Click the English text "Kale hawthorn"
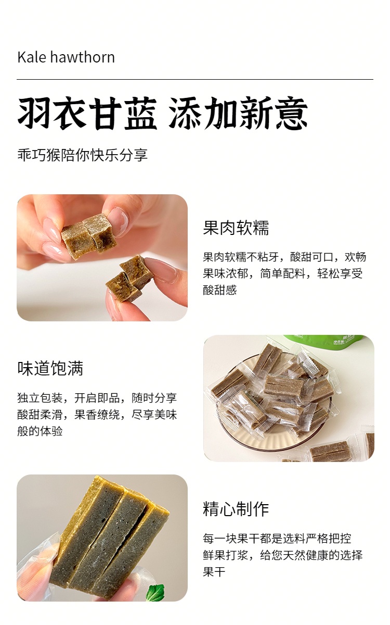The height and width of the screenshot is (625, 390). [66, 57]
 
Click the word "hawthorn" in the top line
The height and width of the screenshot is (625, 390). [83, 57]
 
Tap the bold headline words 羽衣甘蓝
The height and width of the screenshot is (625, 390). [87, 114]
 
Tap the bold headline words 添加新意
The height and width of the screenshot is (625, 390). [239, 114]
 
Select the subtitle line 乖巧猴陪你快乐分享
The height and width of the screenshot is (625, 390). [83, 155]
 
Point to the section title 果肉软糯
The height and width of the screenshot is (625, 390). [236, 228]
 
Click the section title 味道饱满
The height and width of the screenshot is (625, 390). [50, 368]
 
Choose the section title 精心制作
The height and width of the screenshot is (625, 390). [236, 509]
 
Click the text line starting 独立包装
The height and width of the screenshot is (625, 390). [97, 398]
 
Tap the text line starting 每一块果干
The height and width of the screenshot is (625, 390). [277, 539]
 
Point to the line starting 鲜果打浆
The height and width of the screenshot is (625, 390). [283, 555]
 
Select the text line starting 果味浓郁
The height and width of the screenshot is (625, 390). [283, 273]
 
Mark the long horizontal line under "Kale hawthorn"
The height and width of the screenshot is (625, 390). [195, 80]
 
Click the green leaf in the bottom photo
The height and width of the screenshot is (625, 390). [155, 593]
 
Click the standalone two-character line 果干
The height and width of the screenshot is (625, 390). [214, 572]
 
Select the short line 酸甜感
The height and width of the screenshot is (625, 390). [220, 290]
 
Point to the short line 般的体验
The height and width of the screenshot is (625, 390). [40, 431]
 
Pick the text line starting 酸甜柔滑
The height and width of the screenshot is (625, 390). [97, 415]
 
